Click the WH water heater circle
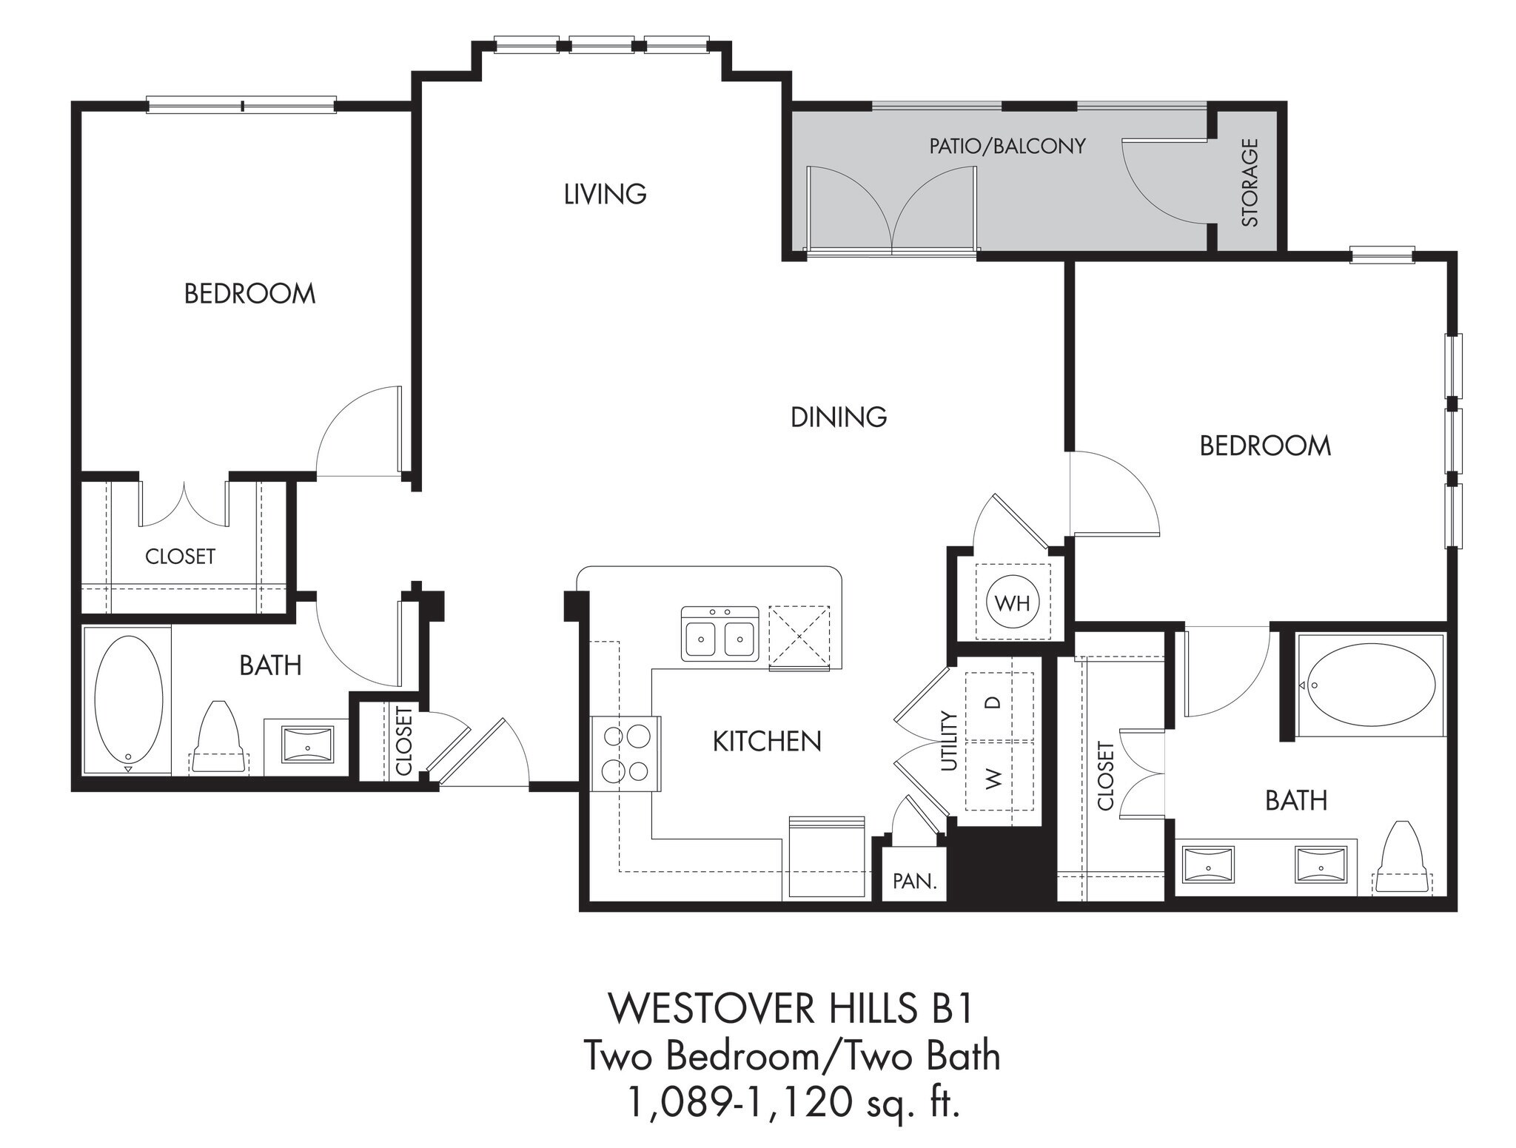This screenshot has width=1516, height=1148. [x=1012, y=603]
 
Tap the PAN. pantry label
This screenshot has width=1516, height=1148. [x=915, y=882]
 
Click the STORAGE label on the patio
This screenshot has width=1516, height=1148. [x=1250, y=182]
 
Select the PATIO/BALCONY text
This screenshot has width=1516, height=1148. [x=1007, y=146]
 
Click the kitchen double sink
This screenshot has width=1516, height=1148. [x=720, y=634]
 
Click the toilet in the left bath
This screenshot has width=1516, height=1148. [x=218, y=740]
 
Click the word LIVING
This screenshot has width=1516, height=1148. [x=605, y=194]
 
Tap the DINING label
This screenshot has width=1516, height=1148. [x=838, y=417]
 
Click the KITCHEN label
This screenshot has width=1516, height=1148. [x=767, y=741]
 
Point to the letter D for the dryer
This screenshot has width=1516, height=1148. [x=995, y=702]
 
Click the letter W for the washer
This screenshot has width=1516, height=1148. [x=994, y=778]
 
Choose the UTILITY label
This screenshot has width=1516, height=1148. [x=949, y=741]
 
